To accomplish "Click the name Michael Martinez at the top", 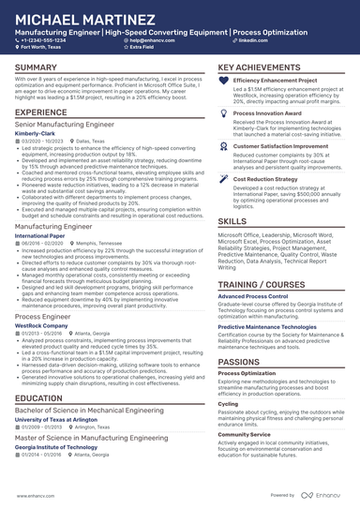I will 79,20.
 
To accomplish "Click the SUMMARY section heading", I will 36,68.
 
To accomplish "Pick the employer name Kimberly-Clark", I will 36,133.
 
